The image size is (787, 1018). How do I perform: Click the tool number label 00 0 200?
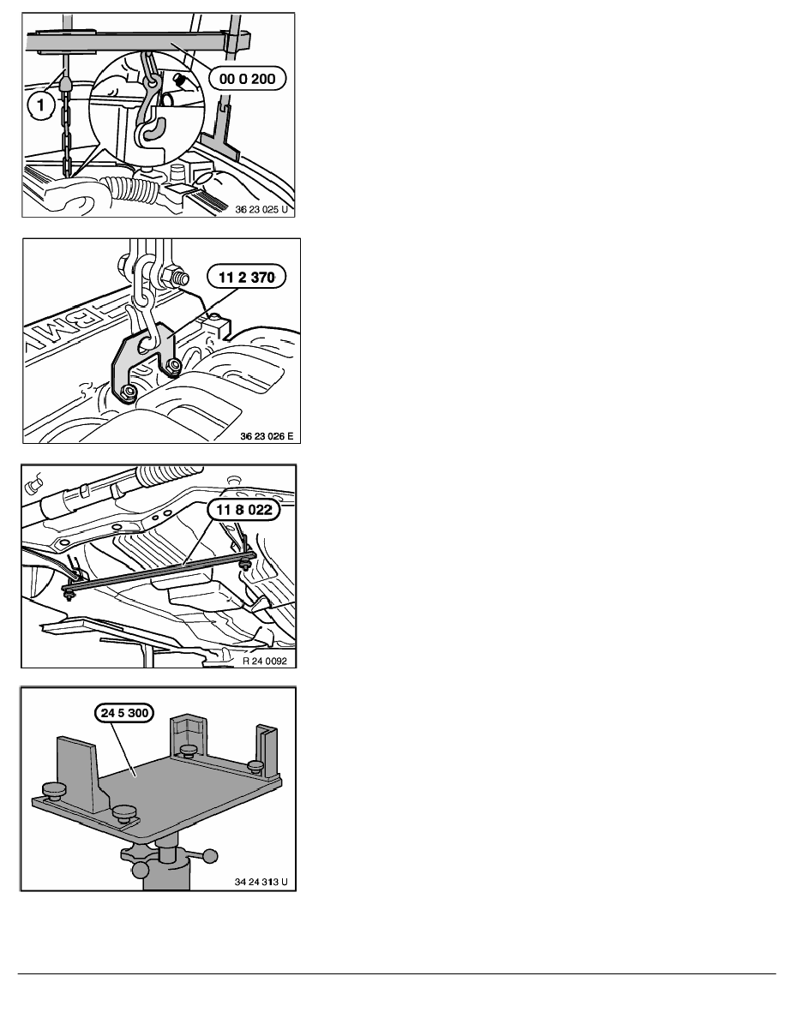tap(248, 79)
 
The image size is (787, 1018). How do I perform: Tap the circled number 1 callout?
tap(41, 104)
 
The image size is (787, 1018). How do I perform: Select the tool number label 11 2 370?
tap(246, 278)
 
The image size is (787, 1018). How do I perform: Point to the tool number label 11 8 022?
tap(243, 510)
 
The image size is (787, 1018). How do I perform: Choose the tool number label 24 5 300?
tap(124, 713)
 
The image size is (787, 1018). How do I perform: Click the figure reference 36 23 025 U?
tap(261, 209)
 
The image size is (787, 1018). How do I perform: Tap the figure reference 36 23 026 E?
tap(267, 436)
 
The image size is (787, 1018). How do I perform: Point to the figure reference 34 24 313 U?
tap(261, 882)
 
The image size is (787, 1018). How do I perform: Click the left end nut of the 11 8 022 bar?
tap(69, 593)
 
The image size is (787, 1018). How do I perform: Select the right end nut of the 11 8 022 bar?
tap(246, 564)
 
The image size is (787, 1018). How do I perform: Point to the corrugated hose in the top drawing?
tap(136, 192)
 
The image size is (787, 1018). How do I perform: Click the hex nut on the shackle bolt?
tap(176, 278)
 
